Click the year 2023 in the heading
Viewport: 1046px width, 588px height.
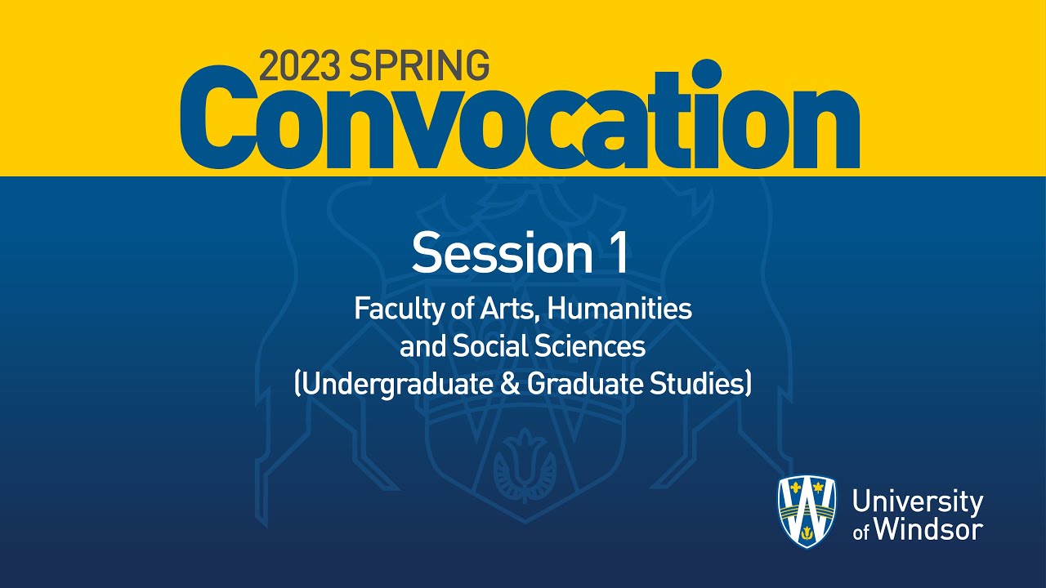[300, 65]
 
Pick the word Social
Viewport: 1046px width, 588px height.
[492, 347]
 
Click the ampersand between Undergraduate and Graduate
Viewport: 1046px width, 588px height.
[510, 384]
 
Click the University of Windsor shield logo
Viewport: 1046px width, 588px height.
[807, 511]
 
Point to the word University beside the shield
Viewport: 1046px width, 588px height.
[917, 501]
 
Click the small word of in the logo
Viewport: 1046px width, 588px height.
[861, 533]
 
